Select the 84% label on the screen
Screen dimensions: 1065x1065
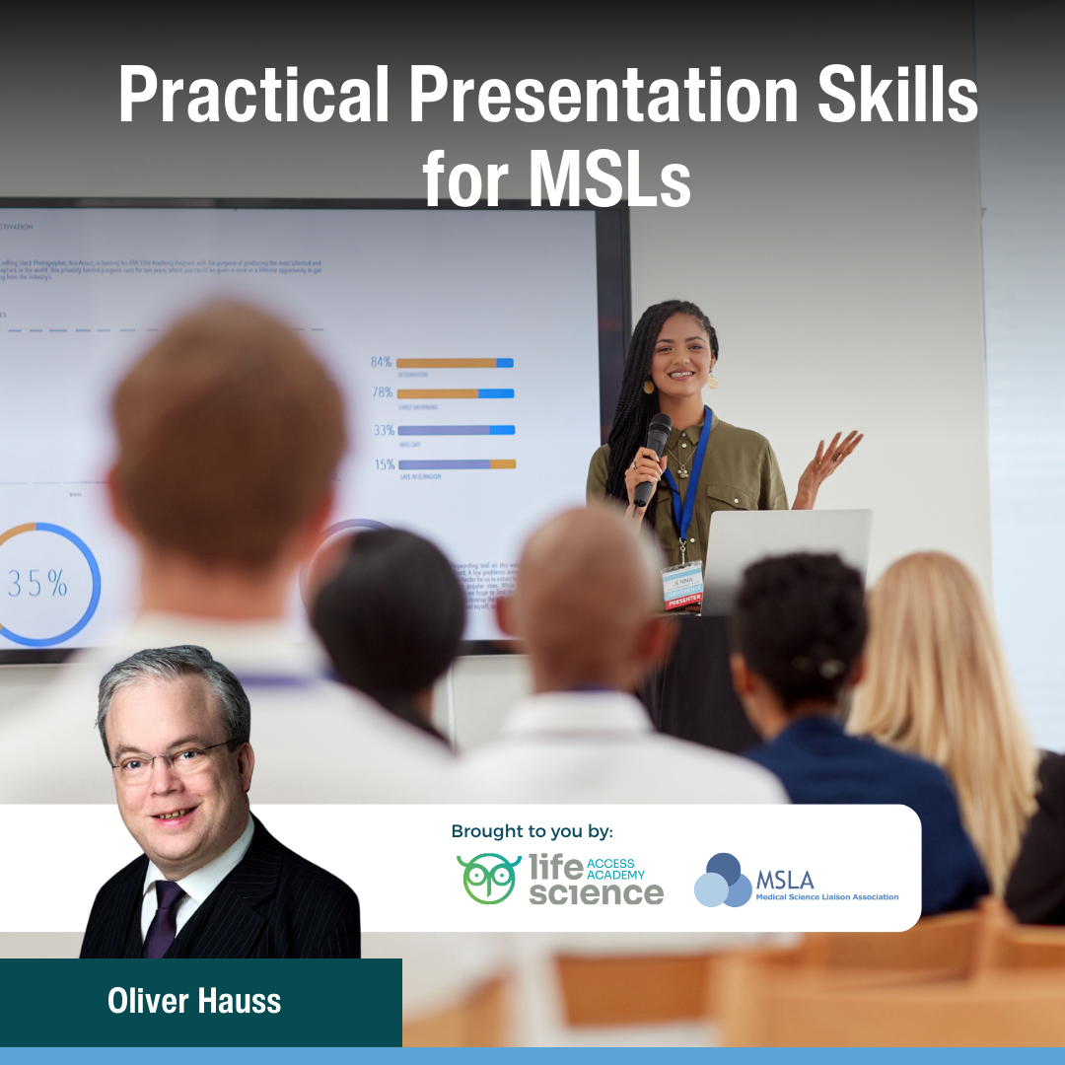coord(382,362)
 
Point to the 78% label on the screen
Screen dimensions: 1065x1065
coord(382,392)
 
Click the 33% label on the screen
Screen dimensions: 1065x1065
coord(383,430)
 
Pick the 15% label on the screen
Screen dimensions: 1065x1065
coord(383,463)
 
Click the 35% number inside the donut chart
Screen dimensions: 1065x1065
coord(37,584)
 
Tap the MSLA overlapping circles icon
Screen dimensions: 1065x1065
coord(723,880)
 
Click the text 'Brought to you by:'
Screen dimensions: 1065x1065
coord(532,831)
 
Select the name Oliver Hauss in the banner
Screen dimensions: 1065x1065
coord(194,1002)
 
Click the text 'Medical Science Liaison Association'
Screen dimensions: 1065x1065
coord(826,897)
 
